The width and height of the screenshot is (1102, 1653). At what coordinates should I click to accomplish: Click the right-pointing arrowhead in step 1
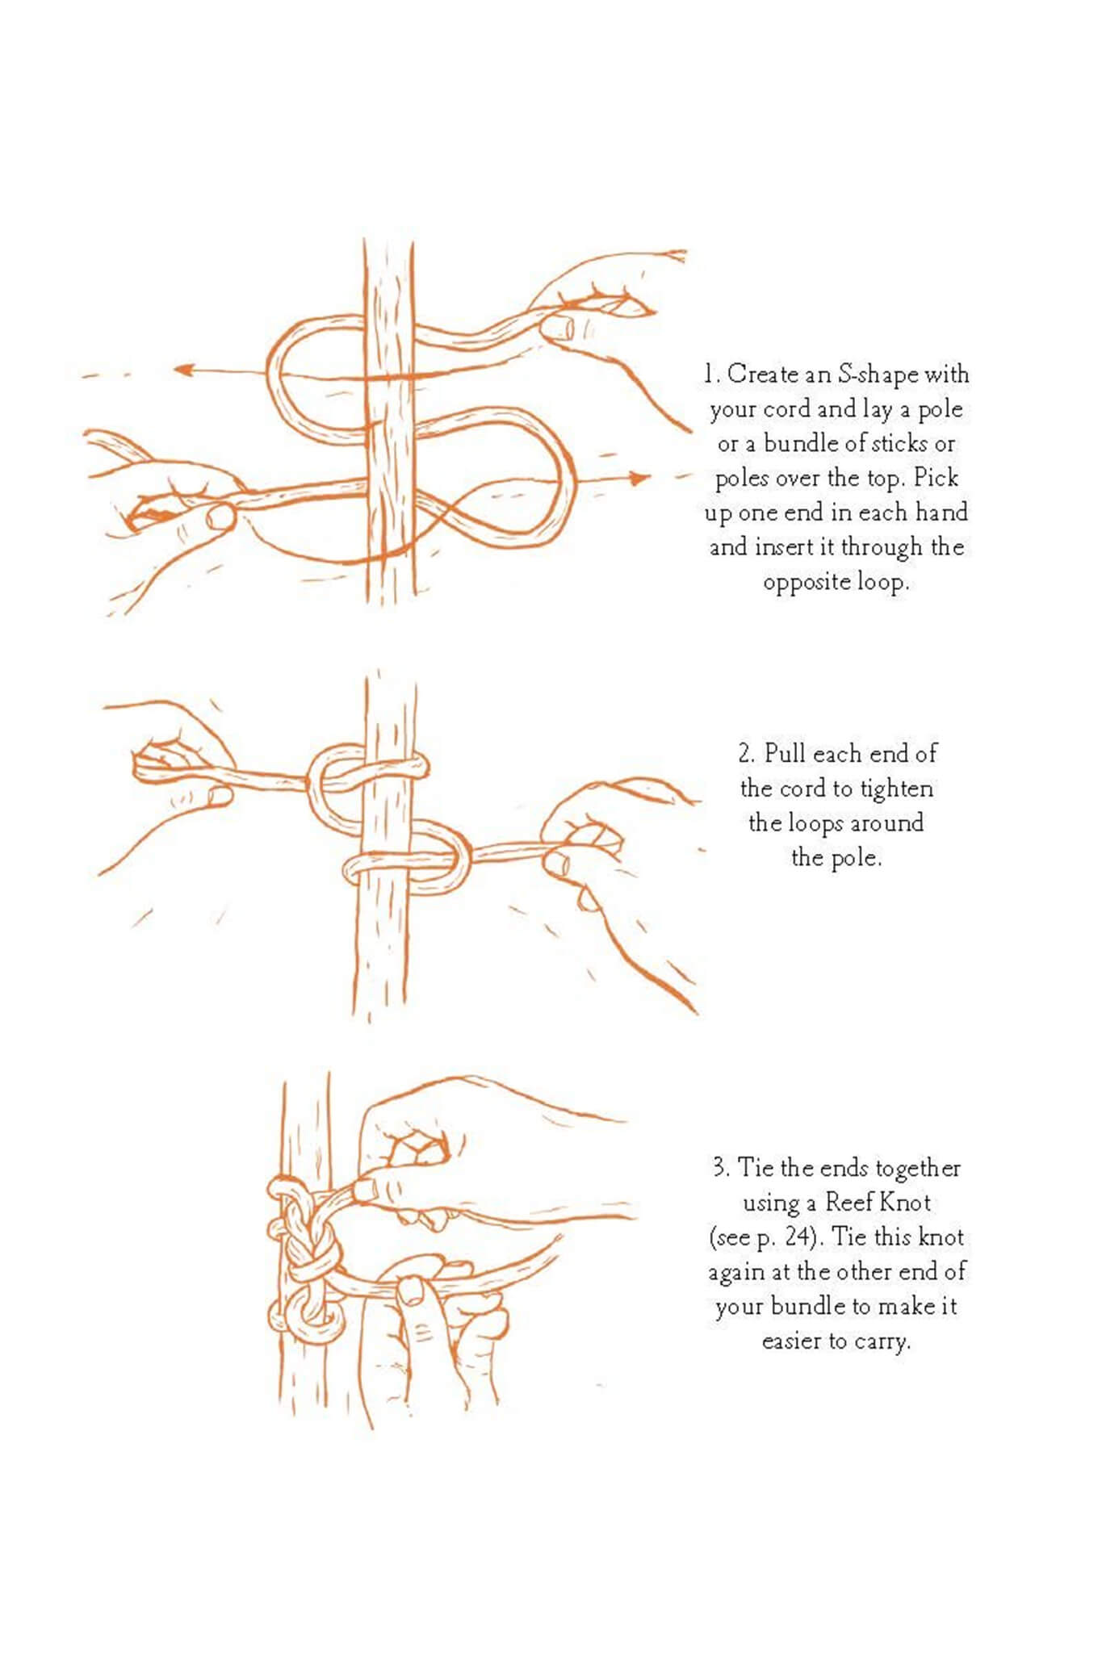tap(639, 479)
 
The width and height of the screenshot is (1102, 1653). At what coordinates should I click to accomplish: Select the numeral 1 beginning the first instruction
tap(709, 375)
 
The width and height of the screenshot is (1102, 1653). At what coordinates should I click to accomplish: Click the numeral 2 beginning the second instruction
tap(746, 754)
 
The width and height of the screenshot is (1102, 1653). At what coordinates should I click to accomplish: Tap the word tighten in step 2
tap(896, 789)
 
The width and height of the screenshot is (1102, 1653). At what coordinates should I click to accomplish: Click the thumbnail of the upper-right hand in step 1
tap(558, 327)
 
